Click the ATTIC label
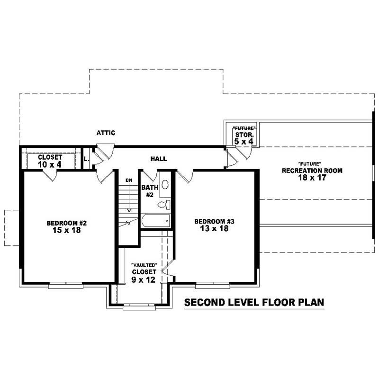106,133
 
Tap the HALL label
158,159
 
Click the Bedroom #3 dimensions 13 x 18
215,228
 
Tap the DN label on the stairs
129,180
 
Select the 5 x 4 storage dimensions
244,141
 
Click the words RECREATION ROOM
312,171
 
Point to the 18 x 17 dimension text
312,178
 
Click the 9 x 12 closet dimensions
144,280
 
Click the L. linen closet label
86,159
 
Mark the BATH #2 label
148,191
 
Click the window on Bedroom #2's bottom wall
65,285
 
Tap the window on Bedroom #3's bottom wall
213,285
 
